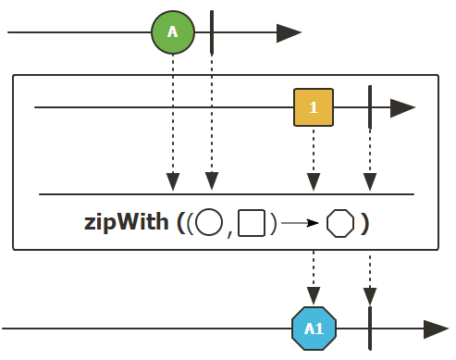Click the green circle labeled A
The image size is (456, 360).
click(173, 32)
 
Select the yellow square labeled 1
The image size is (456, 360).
click(314, 107)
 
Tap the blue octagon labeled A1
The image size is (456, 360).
click(314, 329)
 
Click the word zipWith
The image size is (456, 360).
click(127, 222)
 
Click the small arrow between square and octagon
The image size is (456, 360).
click(300, 223)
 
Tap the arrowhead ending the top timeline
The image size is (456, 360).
click(289, 32)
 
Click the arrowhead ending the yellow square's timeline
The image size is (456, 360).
click(402, 108)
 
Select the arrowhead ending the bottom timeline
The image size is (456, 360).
click(436, 329)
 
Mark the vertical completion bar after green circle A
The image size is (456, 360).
click(212, 32)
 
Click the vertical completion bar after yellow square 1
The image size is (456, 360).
click(370, 107)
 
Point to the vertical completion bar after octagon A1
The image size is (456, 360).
click(370, 329)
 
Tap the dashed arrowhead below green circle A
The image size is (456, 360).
click(173, 181)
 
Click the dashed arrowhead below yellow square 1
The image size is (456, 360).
click(314, 181)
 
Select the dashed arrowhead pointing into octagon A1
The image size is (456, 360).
click(314, 296)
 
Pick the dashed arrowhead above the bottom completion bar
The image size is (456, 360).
click(370, 296)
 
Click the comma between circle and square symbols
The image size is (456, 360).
click(229, 234)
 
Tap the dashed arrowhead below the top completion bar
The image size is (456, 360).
click(212, 181)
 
